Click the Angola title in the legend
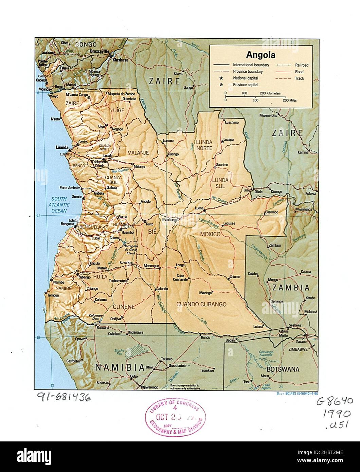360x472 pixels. click(260, 55)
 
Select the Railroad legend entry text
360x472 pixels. click(301, 65)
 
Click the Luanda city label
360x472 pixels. click(62, 148)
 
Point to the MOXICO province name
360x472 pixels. click(210, 234)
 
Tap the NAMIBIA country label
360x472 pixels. click(118, 367)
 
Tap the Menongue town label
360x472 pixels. click(151, 265)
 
